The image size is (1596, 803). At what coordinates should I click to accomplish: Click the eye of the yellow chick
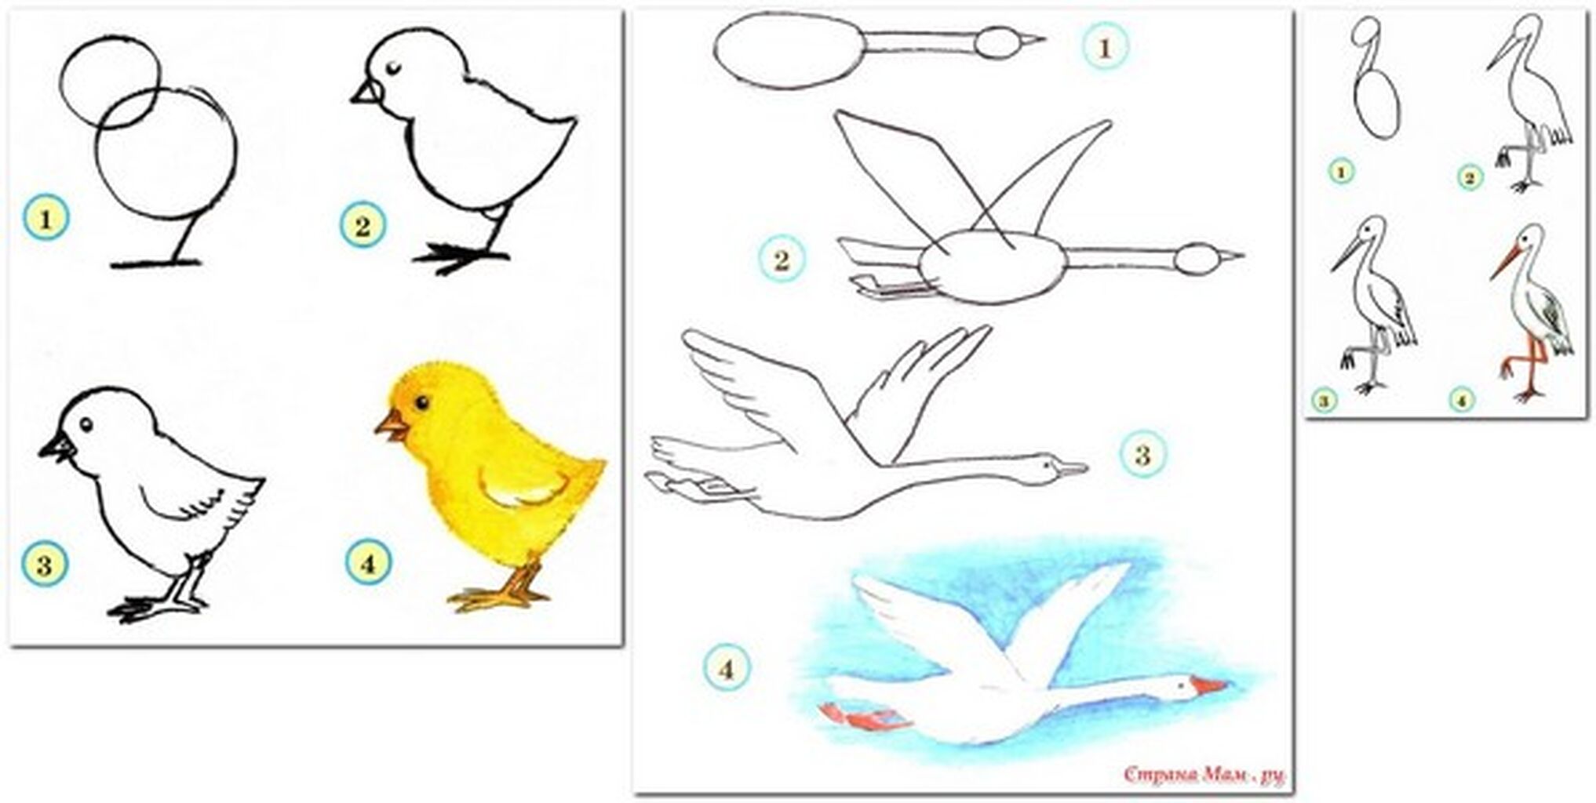click(x=421, y=403)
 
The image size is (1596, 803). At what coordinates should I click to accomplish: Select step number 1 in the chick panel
click(x=46, y=218)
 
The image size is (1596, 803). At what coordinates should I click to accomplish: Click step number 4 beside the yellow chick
click(x=368, y=562)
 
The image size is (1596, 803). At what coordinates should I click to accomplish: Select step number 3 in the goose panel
click(x=1142, y=454)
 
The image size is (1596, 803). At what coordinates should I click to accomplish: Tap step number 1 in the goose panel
click(x=1105, y=47)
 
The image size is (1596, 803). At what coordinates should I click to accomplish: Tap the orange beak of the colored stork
click(x=1503, y=263)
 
